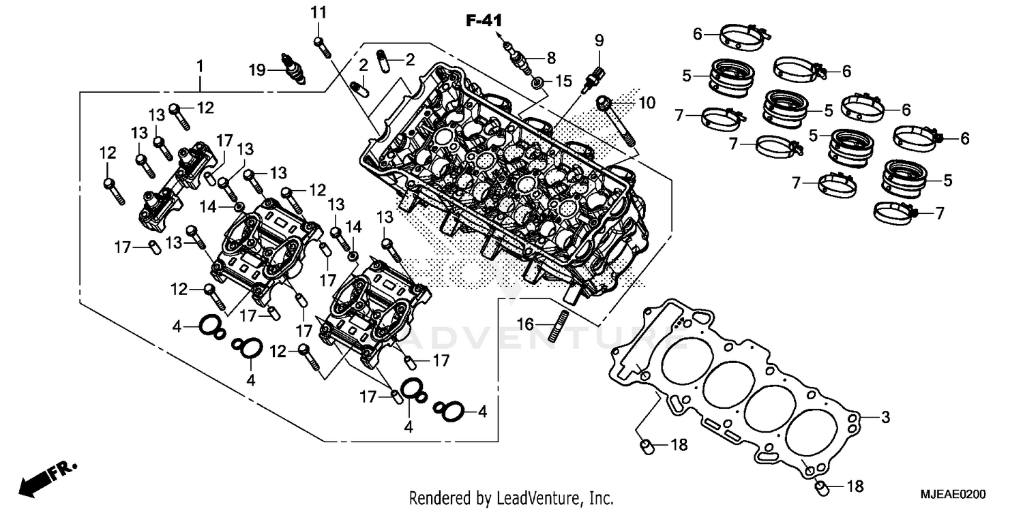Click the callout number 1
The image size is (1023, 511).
(x=200, y=67)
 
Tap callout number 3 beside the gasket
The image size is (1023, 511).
(x=885, y=418)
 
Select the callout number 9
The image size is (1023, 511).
(x=599, y=40)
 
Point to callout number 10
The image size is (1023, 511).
(x=646, y=103)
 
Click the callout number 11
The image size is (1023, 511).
(x=319, y=12)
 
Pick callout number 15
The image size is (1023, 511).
(x=562, y=82)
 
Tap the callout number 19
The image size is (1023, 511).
(x=256, y=69)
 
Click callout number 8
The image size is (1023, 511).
(x=550, y=57)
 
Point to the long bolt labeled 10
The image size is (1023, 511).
(x=617, y=123)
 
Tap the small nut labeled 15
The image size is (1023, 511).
(x=539, y=82)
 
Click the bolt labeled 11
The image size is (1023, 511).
(x=321, y=47)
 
